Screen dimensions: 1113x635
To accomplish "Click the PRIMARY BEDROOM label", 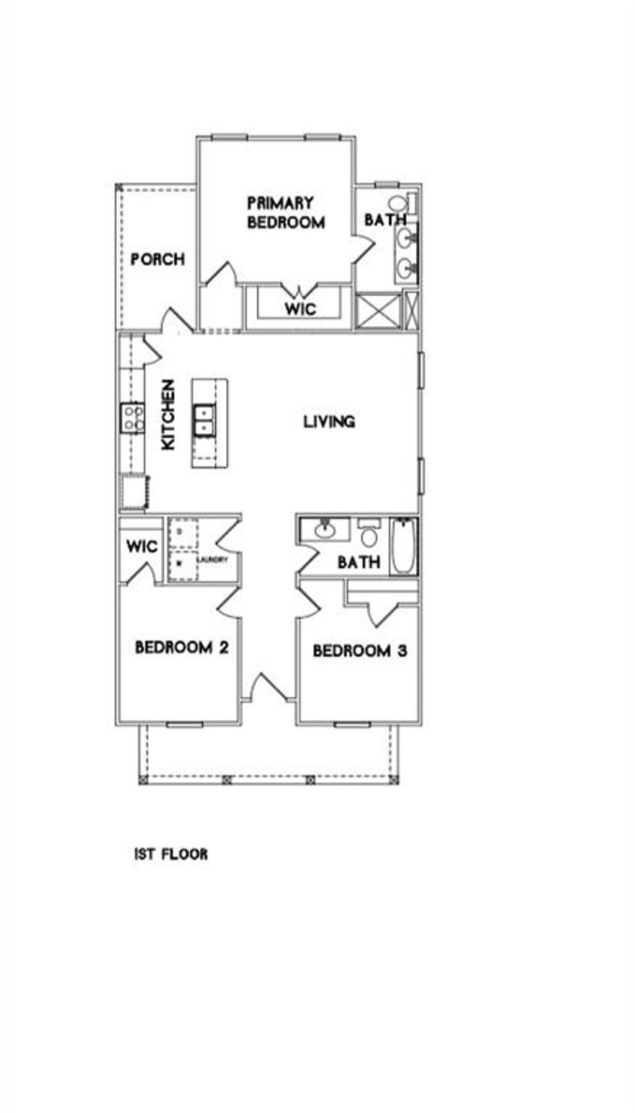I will point(286,213).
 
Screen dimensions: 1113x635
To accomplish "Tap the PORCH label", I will point(158,259).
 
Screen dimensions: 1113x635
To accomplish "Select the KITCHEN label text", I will point(168,415).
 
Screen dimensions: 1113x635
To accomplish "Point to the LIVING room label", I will point(329,421).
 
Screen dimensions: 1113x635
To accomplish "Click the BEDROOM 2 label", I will point(182,648).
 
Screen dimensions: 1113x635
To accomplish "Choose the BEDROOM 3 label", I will point(360,651).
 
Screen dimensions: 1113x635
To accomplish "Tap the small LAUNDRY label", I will point(213,560).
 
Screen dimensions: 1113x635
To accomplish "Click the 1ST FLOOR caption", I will point(171,854).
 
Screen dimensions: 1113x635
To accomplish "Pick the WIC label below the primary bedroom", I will point(300,308).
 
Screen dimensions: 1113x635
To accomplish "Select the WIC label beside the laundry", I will point(142,547).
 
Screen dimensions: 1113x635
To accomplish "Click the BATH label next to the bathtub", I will point(358,562).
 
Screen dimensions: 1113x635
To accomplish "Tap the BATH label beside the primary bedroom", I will point(385,219).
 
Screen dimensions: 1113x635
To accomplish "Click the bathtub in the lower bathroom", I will point(404,547).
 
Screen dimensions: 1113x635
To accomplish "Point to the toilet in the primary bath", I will point(398,203).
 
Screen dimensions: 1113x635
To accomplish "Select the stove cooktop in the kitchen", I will point(132,417).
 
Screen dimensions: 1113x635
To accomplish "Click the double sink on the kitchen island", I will point(203,420).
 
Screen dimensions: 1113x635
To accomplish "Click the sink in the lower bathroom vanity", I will point(324,529).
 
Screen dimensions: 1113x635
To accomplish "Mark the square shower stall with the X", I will point(378,310).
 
